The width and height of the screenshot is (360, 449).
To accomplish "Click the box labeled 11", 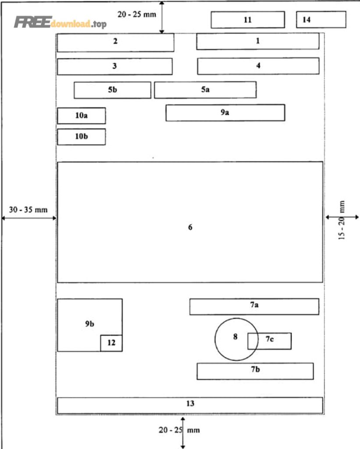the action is (x=248, y=20).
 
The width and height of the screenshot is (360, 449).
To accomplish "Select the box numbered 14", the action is (x=321, y=19).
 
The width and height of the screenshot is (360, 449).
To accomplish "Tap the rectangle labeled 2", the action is (x=115, y=43).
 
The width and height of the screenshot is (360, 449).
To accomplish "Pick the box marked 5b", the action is (x=112, y=90).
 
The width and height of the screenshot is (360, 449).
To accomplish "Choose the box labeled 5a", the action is (x=205, y=90).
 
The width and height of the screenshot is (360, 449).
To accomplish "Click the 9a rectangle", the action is (x=225, y=113).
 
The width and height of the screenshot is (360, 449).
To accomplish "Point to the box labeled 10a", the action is (x=81, y=116).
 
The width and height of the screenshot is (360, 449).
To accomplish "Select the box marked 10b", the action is (x=81, y=137).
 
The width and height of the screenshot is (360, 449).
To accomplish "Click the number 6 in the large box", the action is (x=190, y=227).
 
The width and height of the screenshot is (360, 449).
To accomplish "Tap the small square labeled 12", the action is (x=111, y=343).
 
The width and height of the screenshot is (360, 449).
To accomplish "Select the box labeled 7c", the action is (x=270, y=341).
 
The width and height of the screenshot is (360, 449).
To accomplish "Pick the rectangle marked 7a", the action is (x=254, y=306).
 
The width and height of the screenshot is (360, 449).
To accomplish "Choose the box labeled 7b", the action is (x=255, y=371).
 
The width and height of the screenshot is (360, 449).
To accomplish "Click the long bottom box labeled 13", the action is (x=190, y=406).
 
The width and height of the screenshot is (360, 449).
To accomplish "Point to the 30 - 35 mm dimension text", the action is (x=28, y=210).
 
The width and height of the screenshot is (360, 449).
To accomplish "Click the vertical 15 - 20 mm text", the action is (x=342, y=220).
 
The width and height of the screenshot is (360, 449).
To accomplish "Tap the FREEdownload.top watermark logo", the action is (x=60, y=22).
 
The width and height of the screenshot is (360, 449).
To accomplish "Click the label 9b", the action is (x=89, y=324).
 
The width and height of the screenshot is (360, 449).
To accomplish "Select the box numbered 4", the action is (x=258, y=66).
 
